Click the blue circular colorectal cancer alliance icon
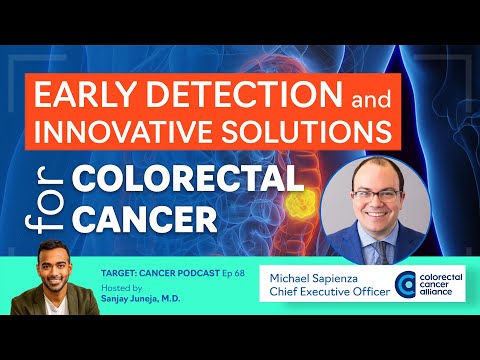(407, 284)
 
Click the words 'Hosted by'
(124, 285)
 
